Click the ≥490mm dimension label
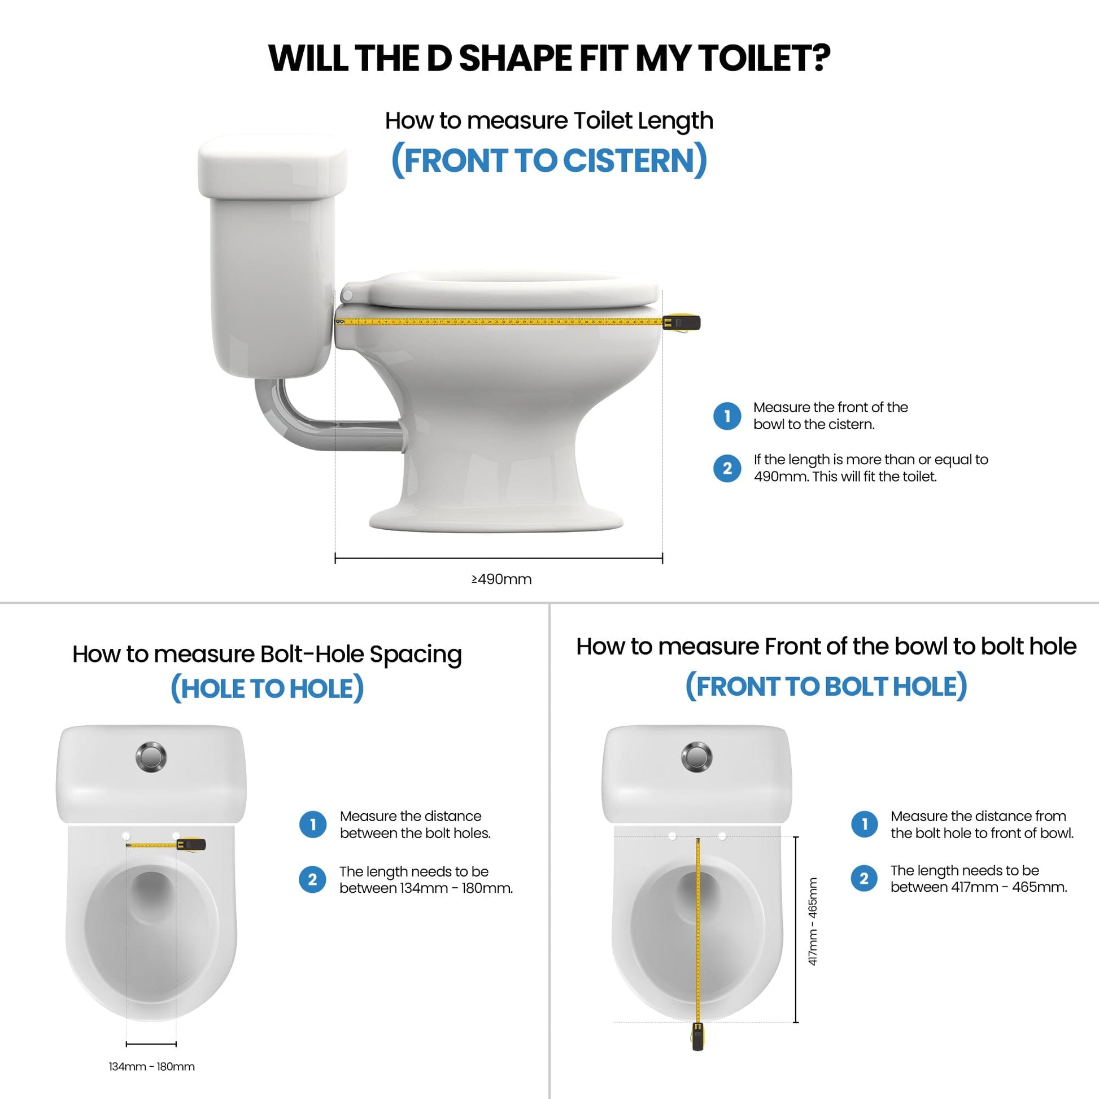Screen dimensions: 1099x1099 [501, 579]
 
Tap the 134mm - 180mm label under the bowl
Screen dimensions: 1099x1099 [151, 1067]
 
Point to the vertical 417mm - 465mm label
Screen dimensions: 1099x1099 [813, 922]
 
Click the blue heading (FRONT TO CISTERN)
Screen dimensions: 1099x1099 [549, 160]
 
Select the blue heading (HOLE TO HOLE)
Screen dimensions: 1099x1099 [267, 689]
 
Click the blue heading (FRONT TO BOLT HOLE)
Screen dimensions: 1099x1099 [826, 687]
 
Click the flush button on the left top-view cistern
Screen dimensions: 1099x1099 [151, 757]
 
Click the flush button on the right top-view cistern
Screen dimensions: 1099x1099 [696, 757]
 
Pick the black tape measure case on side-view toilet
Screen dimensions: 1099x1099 [686, 322]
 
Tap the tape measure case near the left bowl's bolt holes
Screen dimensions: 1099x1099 [194, 844]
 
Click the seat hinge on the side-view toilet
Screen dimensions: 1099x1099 [347, 295]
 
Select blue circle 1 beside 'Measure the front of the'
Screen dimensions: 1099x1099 [727, 416]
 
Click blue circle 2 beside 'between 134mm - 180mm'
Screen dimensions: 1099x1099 [312, 879]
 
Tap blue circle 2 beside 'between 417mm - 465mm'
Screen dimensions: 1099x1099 [864, 878]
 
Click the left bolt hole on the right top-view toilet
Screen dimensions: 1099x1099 [672, 836]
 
